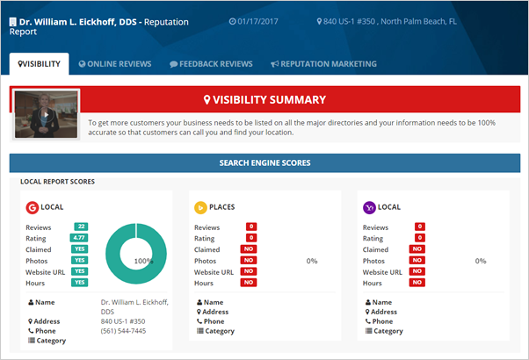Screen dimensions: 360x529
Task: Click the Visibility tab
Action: pos(40,63)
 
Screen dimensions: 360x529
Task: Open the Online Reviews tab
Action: pos(115,63)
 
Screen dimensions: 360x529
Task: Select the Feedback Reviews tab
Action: pos(211,63)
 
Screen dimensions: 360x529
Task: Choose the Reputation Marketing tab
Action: pos(323,63)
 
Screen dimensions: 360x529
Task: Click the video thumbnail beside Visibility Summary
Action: pos(47,113)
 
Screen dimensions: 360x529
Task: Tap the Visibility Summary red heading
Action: pos(264,100)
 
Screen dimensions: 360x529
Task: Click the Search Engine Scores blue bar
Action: pos(264,162)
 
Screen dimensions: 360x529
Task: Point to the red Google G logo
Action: pos(33,207)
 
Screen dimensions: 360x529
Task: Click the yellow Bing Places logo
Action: pos(200,207)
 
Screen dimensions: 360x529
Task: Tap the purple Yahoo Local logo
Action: pos(369,207)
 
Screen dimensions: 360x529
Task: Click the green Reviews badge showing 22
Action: pos(80,227)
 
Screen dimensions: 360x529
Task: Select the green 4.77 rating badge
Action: pos(80,238)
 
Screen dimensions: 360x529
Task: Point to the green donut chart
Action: pos(135,254)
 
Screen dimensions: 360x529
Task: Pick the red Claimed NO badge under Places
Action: pos(249,249)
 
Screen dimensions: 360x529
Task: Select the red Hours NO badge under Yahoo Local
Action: pos(417,283)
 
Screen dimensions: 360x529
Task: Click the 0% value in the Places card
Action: pos(311,261)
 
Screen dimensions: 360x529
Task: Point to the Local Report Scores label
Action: pos(58,182)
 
